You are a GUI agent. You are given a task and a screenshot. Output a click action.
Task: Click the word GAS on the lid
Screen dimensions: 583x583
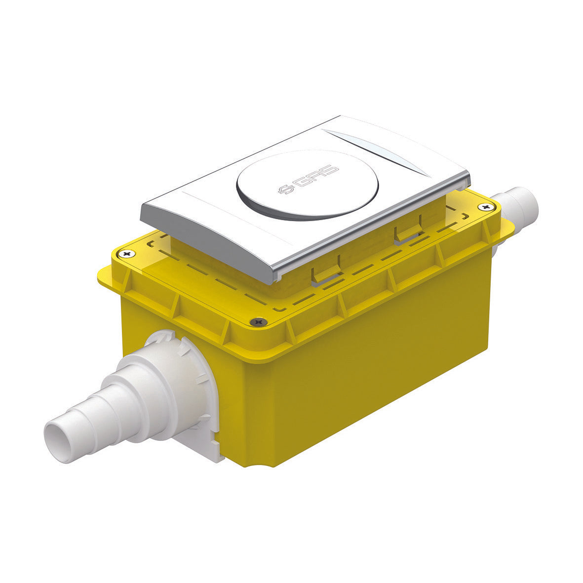coord(315,176)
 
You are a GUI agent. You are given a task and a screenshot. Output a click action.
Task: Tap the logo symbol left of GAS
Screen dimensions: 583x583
coord(286,189)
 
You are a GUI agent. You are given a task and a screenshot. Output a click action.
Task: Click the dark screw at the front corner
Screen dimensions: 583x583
coord(258,322)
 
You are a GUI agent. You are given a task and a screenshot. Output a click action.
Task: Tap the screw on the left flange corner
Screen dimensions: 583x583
coord(127,254)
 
